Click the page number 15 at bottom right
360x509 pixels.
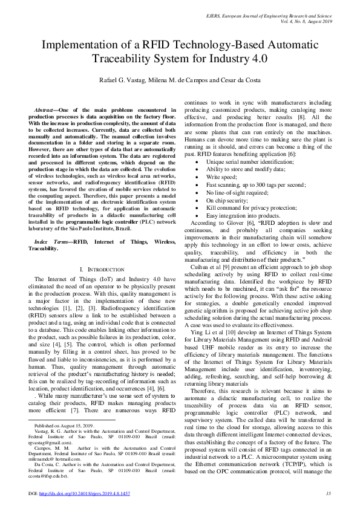point(327,493)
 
